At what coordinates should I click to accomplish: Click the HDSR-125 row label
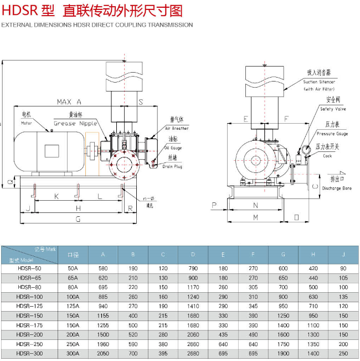point(29,306)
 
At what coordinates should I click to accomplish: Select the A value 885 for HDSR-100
point(103,296)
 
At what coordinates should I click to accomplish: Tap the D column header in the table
point(193,255)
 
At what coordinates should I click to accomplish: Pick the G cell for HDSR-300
point(283,353)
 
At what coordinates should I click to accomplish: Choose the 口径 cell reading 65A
point(73,277)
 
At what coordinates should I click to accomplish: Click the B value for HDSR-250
point(133,343)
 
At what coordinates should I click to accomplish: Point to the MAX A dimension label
point(69,102)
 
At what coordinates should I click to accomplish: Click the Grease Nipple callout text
point(75,124)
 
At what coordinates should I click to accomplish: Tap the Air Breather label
point(177,128)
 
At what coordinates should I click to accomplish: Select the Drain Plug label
point(172,166)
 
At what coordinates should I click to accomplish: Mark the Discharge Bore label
point(337,188)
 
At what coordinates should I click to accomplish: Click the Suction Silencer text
point(319,82)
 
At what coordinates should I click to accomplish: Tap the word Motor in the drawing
point(27,123)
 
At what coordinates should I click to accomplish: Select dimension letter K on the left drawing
point(56,196)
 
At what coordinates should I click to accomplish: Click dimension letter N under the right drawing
point(255,205)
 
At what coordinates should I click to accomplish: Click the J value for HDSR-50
point(343,268)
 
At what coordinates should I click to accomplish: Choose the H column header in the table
point(313,255)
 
